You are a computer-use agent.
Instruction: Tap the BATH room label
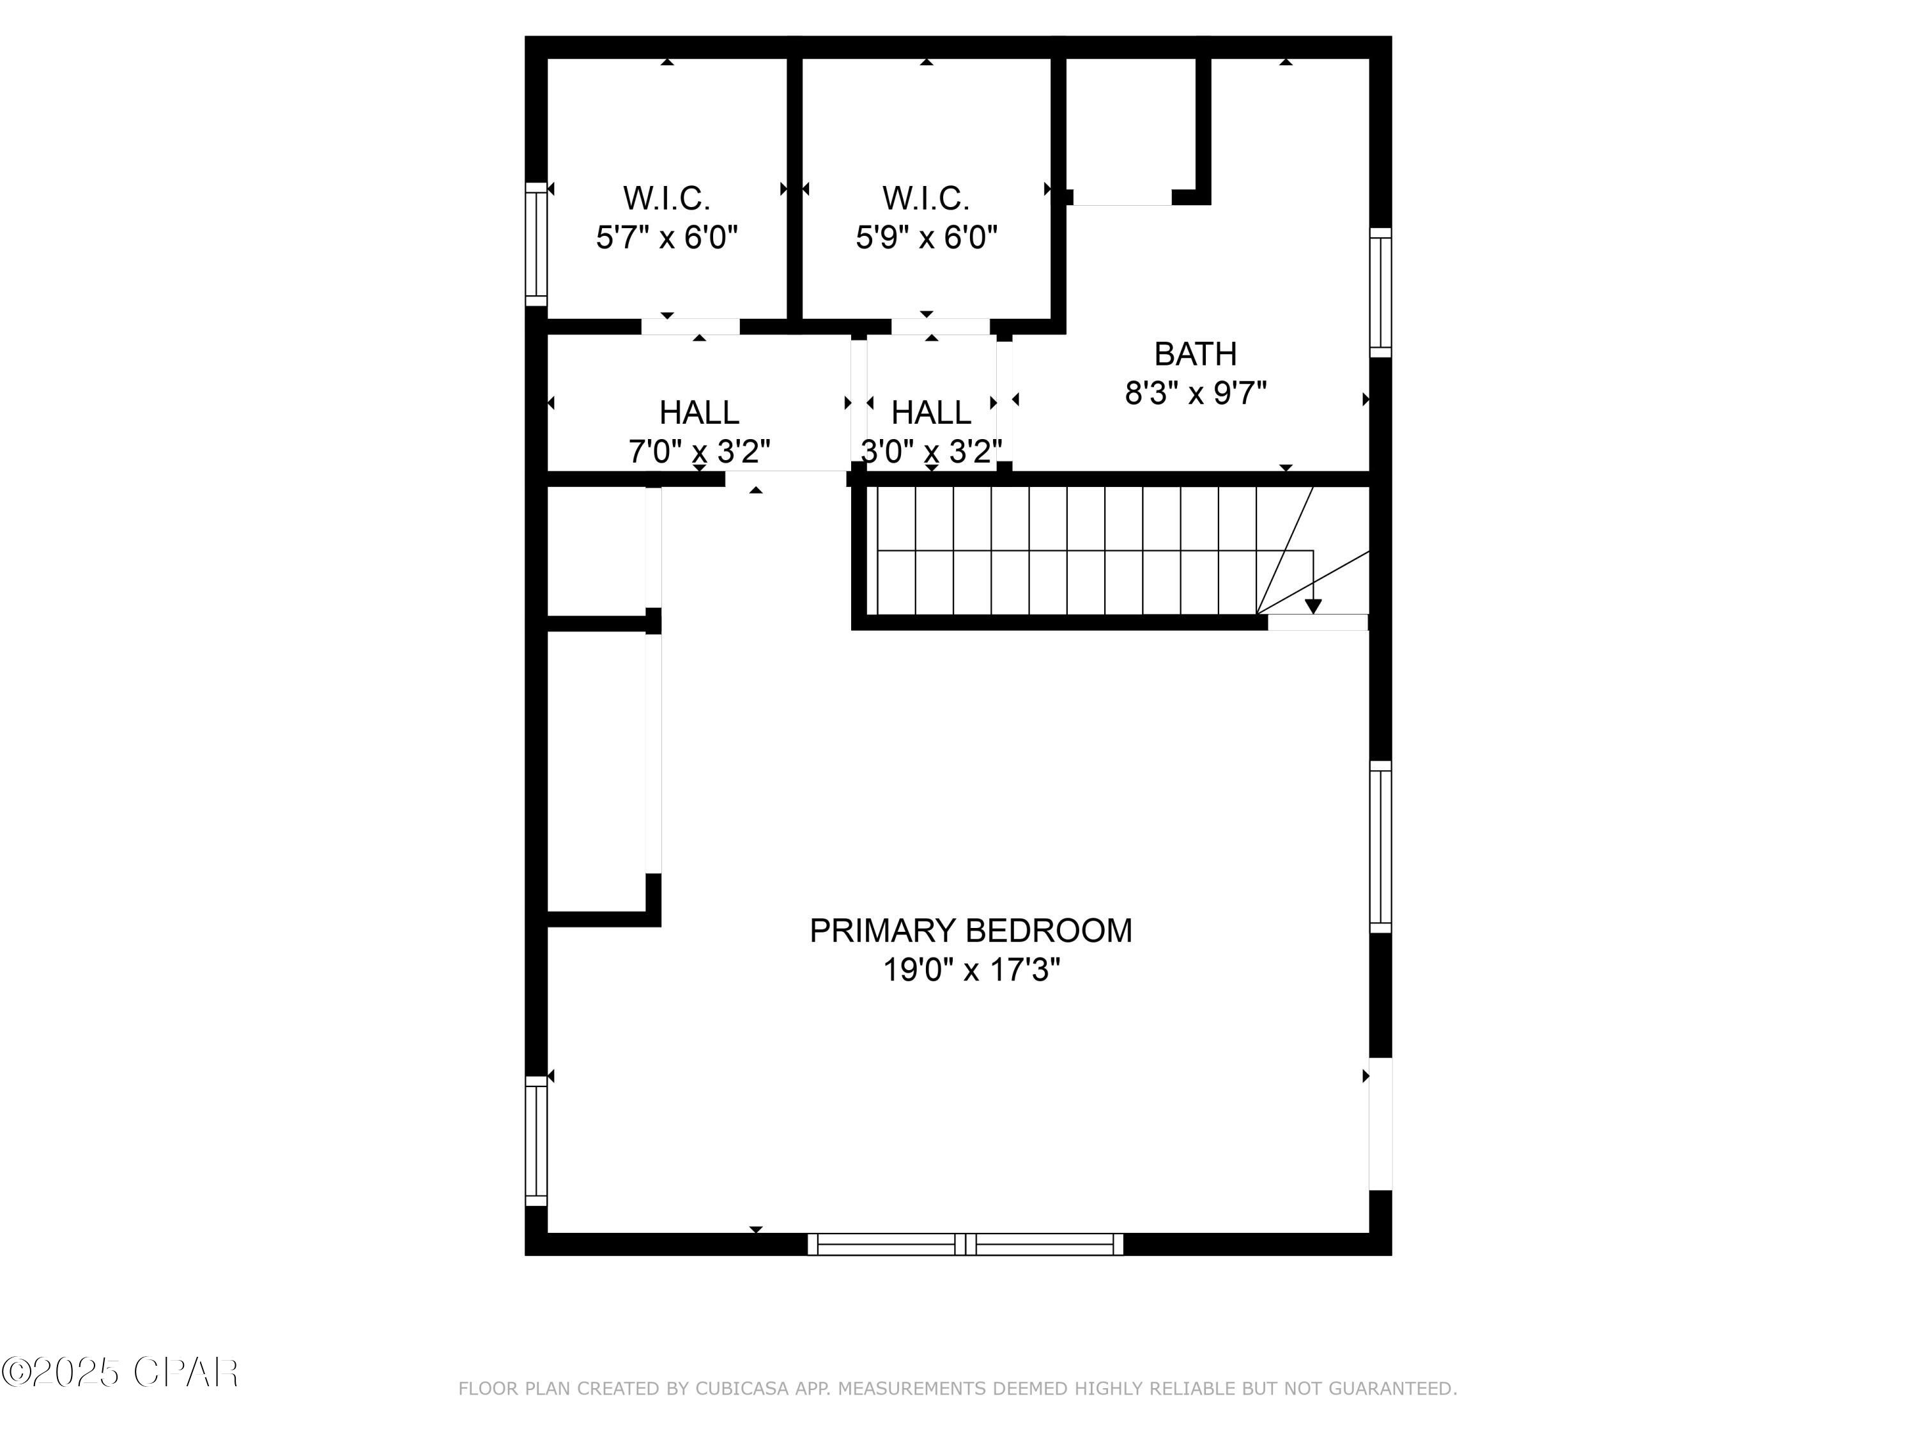[1195, 355]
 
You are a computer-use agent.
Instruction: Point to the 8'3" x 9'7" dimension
[1195, 394]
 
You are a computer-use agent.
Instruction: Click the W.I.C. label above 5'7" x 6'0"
[666, 199]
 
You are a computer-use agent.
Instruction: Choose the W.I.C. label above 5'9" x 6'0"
[925, 199]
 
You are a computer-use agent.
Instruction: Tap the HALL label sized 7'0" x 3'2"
[698, 413]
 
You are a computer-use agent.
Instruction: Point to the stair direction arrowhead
[1313, 606]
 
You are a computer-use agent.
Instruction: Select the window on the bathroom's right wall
[1380, 292]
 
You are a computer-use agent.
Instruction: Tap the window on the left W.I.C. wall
[537, 244]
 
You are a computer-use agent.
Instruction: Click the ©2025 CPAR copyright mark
[119, 1372]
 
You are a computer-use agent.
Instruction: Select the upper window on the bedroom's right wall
[1380, 847]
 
